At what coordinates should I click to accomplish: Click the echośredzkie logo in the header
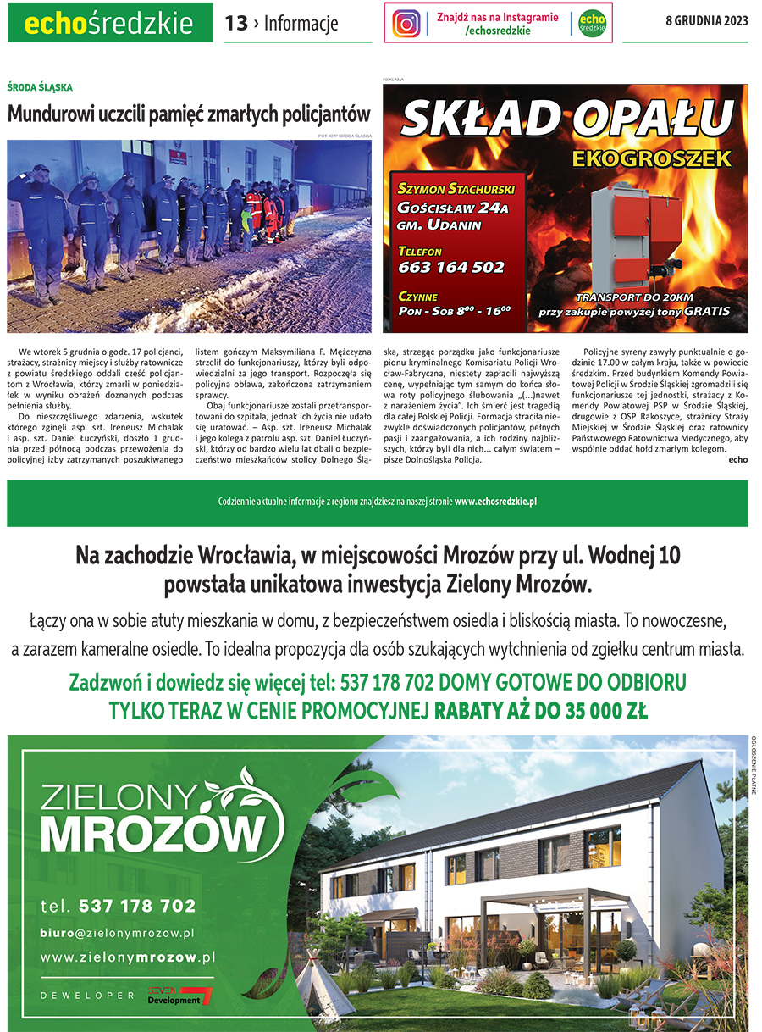[109, 24]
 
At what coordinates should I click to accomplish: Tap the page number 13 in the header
[235, 24]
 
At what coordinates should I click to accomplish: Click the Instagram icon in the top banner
[406, 24]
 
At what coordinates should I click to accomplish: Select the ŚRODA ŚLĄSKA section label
[40, 87]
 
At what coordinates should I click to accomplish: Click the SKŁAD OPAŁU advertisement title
[566, 119]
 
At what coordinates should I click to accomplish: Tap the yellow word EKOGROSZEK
[649, 158]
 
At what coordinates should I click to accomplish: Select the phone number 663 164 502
[451, 268]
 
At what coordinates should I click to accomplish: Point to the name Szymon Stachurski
[456, 188]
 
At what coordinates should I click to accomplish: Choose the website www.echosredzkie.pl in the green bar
[495, 502]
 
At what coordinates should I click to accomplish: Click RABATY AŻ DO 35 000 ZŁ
[541, 709]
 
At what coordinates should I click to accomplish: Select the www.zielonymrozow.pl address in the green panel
[128, 957]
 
